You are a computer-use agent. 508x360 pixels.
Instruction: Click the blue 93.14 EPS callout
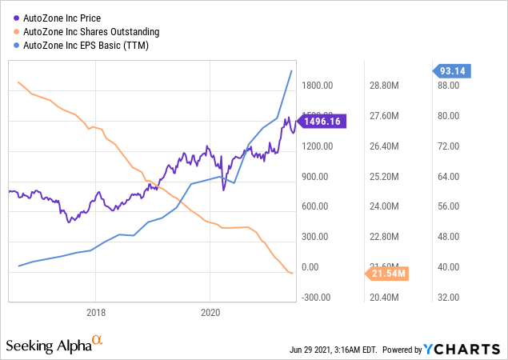(x=454, y=71)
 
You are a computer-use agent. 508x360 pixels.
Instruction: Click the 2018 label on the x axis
(x=96, y=312)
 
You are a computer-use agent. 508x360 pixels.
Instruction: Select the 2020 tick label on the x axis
(x=210, y=312)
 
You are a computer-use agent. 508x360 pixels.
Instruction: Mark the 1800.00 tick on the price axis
(x=316, y=86)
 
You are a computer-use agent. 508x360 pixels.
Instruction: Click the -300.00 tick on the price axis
(x=316, y=298)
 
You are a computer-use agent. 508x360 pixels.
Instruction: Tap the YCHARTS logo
(x=469, y=350)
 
